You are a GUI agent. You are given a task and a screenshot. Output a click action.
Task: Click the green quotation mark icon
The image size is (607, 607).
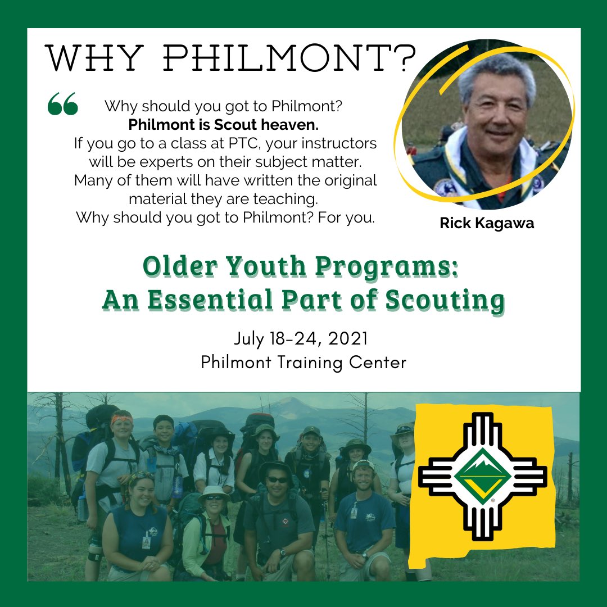coord(62,105)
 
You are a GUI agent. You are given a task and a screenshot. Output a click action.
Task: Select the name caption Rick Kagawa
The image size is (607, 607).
coord(487,223)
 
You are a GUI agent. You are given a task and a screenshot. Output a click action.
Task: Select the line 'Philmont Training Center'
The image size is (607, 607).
coord(303,363)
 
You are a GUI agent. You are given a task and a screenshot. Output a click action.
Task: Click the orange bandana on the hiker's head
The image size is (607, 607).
coord(123,419)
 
